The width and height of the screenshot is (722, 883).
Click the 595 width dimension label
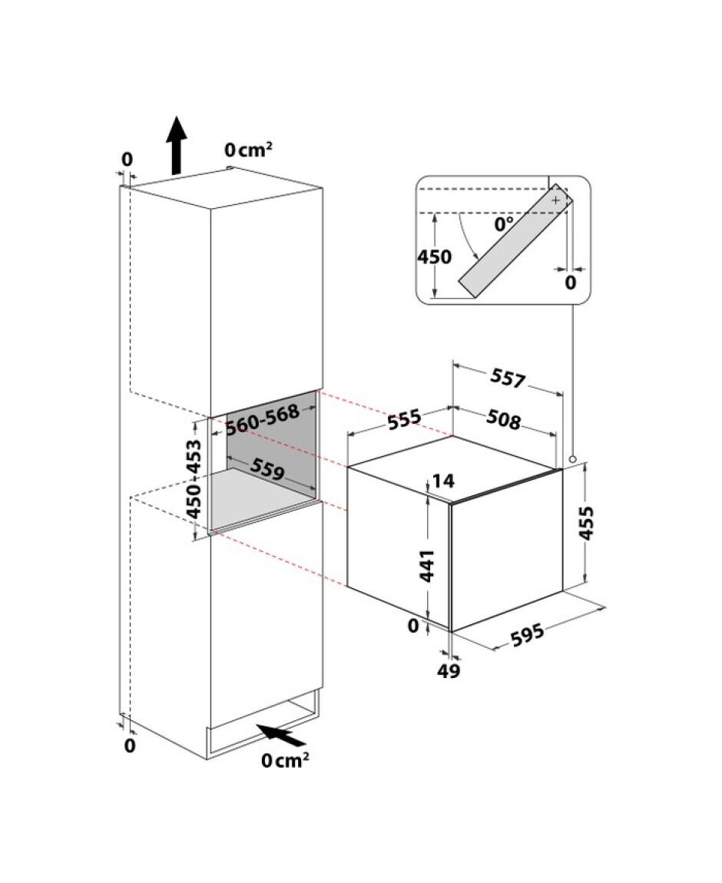pos(528,634)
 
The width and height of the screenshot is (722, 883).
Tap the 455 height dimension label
pos(586,523)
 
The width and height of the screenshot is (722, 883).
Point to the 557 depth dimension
pos(508,379)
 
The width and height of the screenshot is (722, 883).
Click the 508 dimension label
pos(504,419)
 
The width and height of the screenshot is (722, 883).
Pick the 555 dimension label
pos(404,419)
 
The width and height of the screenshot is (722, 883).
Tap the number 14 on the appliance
pos(443,481)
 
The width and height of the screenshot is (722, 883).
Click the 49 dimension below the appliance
pos(449,671)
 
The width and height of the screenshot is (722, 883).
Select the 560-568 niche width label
pos(263,419)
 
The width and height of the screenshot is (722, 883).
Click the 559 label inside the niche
pos(267,469)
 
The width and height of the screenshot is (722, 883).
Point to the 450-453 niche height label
pos(194,479)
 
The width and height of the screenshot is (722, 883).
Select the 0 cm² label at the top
pos(248,150)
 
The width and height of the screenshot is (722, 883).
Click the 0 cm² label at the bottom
pos(285,760)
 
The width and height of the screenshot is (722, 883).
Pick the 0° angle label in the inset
pos(504,224)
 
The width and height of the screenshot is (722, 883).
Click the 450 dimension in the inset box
pos(434,256)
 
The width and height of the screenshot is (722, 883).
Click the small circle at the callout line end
pos(572,459)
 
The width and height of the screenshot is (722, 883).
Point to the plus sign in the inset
pos(556,200)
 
